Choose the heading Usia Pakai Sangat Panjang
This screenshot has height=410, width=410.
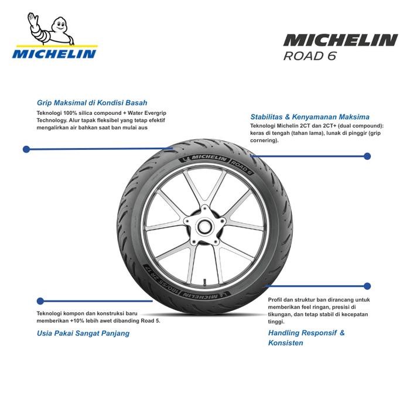83,333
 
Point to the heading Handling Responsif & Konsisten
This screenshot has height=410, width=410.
306,337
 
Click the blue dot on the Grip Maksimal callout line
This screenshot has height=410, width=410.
26,149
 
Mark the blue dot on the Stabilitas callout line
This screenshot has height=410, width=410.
367,156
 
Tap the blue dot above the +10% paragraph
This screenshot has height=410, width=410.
40,300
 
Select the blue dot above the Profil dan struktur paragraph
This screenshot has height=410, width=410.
367,286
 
